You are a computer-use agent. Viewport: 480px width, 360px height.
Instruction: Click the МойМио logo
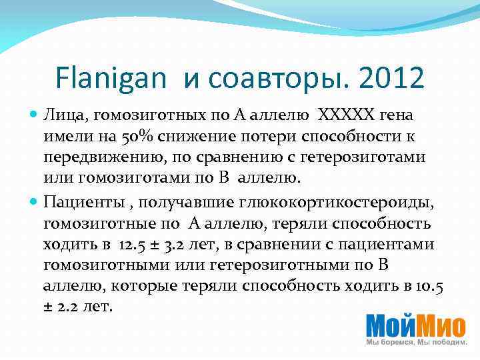coord(415,325)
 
